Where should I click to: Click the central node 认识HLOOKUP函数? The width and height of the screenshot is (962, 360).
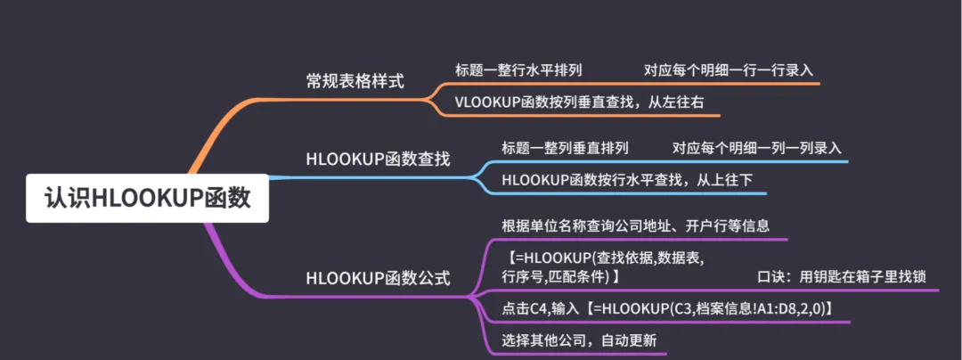pyautogui.click(x=147, y=198)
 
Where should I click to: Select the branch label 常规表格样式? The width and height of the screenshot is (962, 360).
pyautogui.click(x=355, y=81)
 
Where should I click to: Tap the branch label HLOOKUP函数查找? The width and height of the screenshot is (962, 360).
pyautogui.click(x=378, y=160)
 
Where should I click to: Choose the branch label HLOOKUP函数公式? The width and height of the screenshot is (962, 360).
pyautogui.click(x=378, y=278)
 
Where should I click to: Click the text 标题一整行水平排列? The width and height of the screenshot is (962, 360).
pyautogui.click(x=518, y=70)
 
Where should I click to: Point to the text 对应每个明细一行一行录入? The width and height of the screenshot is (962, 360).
pyautogui.click(x=729, y=70)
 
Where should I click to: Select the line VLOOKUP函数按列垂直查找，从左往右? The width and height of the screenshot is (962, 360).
pyautogui.click(x=579, y=102)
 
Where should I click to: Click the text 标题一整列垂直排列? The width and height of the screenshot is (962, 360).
pyautogui.click(x=565, y=148)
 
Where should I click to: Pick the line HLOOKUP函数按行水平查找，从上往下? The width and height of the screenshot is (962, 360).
pyautogui.click(x=627, y=180)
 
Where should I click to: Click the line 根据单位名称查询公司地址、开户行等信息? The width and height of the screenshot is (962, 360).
pyautogui.click(x=635, y=225)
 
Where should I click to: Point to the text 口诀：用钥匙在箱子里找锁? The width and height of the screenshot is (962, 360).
pyautogui.click(x=841, y=277)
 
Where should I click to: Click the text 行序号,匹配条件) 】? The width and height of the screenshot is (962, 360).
pyautogui.click(x=561, y=278)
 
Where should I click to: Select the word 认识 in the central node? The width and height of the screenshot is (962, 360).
pyautogui.click(x=69, y=198)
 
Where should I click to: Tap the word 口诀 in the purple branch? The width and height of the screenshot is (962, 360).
pyautogui.click(x=770, y=277)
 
